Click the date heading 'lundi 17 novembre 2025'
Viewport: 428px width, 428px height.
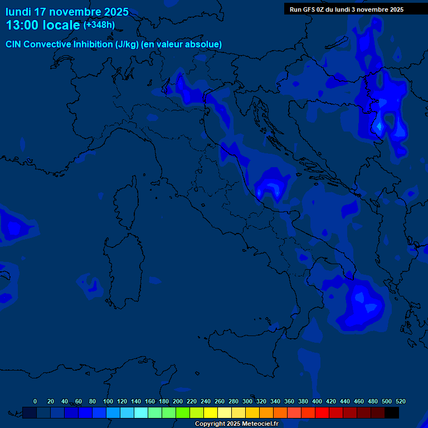tap(67, 12)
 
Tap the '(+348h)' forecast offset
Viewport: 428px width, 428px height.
tap(99, 25)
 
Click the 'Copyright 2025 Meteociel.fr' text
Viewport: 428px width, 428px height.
tap(236, 424)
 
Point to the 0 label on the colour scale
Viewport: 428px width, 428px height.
tap(35, 401)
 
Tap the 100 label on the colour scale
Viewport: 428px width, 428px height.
tap(108, 401)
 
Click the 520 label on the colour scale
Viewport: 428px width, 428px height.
tap(400, 401)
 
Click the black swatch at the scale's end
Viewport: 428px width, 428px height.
tap(392, 412)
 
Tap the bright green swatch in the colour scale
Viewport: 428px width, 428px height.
tap(182, 412)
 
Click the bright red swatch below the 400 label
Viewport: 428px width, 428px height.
tap(322, 412)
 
